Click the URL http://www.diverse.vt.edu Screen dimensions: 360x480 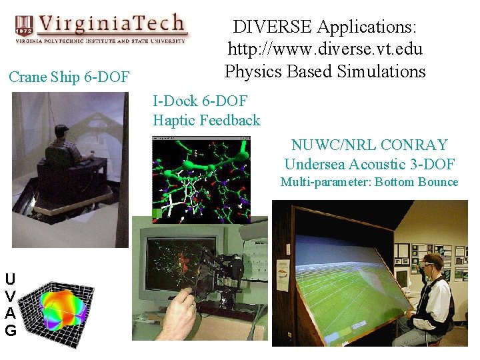[x=325, y=49]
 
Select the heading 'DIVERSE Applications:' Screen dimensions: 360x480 [x=325, y=27]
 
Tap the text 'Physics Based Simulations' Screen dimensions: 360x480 [x=325, y=71]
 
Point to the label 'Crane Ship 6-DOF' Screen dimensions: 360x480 [x=69, y=77]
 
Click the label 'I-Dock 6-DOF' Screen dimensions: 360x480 [x=200, y=101]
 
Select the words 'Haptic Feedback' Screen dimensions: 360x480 [x=207, y=121]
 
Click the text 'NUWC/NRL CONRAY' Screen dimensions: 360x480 [x=369, y=145]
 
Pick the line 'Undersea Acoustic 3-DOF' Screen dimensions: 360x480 [x=369, y=164]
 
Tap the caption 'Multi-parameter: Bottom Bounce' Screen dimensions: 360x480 [x=369, y=182]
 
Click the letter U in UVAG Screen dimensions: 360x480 [x=10, y=279]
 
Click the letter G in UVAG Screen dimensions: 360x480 [x=10, y=330]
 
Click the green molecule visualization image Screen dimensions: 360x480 [x=201, y=179]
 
